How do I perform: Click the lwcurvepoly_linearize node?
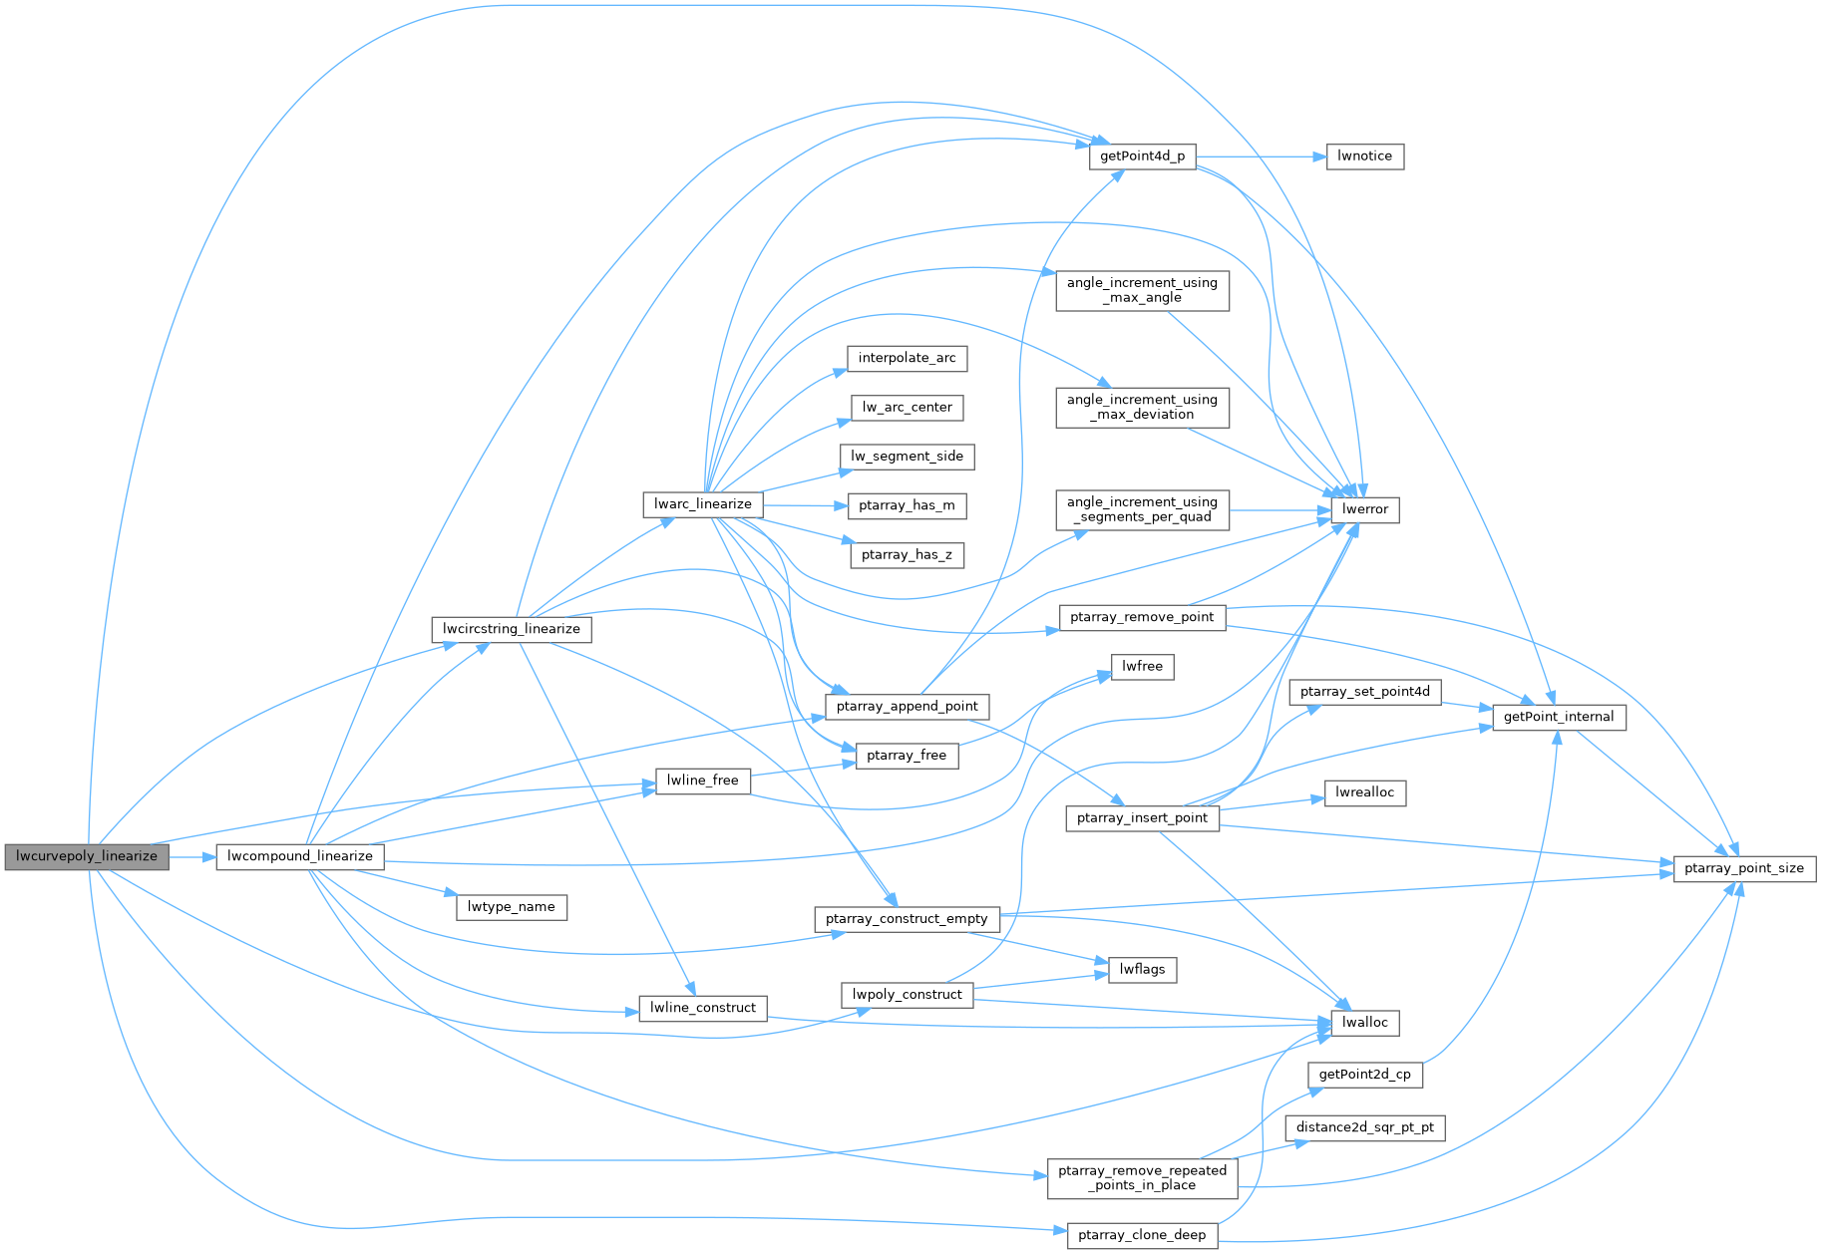point(87,856)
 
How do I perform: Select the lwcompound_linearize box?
point(299,856)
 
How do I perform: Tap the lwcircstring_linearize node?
point(512,629)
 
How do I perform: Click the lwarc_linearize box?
point(703,504)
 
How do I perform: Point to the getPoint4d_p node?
point(1142,157)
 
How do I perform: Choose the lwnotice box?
point(1364,157)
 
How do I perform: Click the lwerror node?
point(1364,509)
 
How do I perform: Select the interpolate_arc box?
point(907,358)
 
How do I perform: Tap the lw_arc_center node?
point(908,408)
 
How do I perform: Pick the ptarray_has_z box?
point(907,555)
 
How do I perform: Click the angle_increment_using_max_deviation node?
point(1142,407)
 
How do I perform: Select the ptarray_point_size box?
point(1743,868)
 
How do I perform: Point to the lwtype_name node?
point(512,907)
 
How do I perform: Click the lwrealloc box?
point(1364,792)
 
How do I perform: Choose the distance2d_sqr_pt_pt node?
point(1364,1128)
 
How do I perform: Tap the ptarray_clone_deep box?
point(1142,1235)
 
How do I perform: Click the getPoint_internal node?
point(1558,717)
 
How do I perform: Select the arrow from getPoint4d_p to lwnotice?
point(1261,157)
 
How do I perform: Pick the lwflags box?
point(1142,969)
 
